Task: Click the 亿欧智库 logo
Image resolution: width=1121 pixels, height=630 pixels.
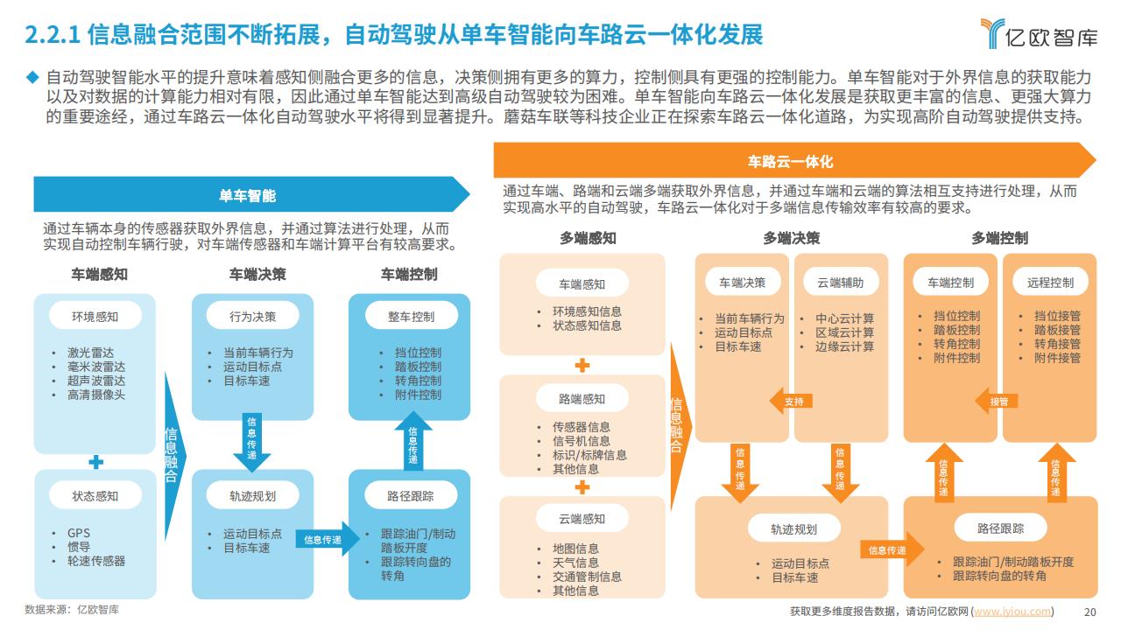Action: [1039, 34]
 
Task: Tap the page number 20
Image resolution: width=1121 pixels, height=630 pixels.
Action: [1090, 612]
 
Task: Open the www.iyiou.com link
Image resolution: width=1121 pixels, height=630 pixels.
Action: [1012, 612]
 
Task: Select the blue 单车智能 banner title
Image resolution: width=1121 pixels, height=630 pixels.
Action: [247, 195]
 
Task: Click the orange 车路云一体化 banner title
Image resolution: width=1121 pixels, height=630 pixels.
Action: [790, 161]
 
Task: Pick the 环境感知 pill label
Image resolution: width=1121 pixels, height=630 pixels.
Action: [95, 317]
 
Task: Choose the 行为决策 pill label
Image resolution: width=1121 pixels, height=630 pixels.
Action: [253, 317]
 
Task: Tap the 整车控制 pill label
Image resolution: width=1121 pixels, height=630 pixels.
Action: [411, 317]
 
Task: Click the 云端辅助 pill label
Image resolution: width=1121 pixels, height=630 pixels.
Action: [840, 283]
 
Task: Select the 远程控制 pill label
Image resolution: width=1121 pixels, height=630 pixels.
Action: [1050, 283]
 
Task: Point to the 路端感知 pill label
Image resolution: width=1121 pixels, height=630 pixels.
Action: [582, 398]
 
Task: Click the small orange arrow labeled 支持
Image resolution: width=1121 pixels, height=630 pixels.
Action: [791, 401]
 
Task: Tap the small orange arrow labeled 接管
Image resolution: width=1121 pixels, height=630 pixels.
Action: [997, 401]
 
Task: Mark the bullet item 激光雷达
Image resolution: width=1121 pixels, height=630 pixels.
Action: [90, 353]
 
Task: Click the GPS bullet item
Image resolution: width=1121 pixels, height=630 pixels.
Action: [79, 533]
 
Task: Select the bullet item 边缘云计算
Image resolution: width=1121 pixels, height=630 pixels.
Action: [845, 346]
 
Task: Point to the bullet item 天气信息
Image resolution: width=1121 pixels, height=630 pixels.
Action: [575, 563]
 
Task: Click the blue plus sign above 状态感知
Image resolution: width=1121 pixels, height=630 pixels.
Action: [95, 462]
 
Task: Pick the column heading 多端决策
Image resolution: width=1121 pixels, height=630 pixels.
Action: [791, 238]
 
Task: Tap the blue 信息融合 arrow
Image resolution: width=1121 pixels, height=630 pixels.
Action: [174, 455]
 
